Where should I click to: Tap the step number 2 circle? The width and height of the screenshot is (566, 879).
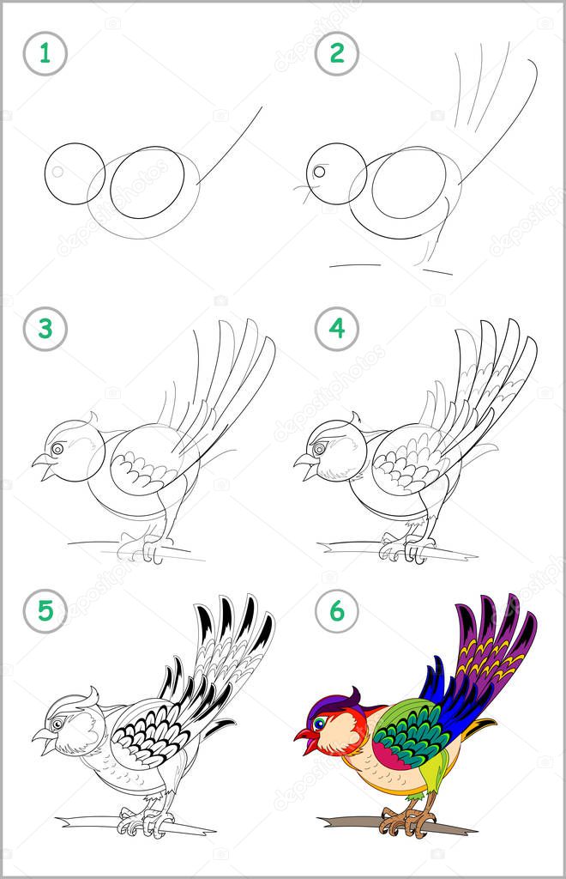click(336, 54)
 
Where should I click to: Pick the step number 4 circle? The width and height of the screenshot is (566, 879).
click(336, 329)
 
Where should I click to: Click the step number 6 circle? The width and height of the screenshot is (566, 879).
click(336, 610)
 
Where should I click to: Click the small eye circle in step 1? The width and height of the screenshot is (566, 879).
click(57, 171)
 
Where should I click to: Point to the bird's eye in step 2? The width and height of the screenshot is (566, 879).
click(318, 172)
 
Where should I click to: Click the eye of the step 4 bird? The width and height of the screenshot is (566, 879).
click(320, 448)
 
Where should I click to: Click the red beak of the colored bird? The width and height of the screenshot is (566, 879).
click(304, 738)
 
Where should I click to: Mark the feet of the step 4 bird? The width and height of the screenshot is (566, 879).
click(403, 548)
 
